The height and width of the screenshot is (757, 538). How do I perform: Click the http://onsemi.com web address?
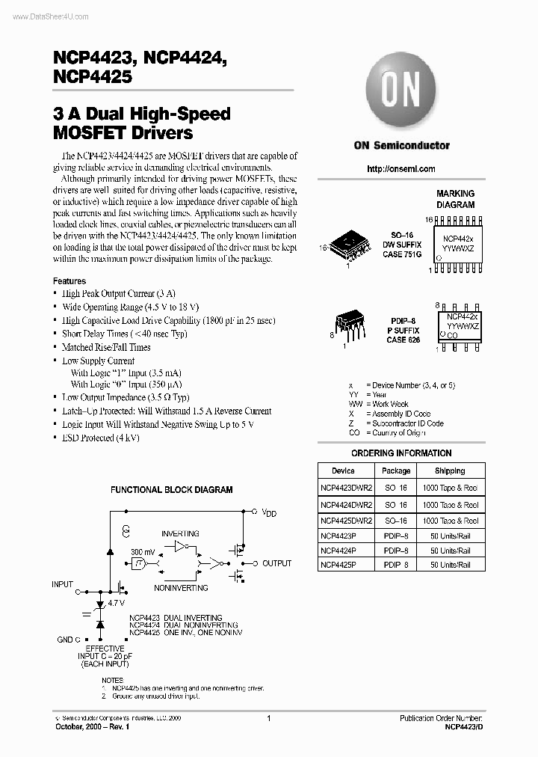(401, 169)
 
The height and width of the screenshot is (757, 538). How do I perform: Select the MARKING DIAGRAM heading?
(455, 199)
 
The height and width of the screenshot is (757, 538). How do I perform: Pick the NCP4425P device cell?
(338, 565)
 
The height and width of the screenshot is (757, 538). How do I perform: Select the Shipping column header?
(449, 471)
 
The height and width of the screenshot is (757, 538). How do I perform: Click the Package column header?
(395, 471)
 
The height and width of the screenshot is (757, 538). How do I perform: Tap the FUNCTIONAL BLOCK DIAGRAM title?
(172, 490)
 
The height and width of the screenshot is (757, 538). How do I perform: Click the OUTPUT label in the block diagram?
(276, 563)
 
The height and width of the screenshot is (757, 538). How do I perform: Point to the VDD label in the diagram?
(269, 513)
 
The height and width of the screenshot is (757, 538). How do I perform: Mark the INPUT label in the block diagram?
(63, 584)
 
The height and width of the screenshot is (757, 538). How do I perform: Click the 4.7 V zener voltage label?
(117, 601)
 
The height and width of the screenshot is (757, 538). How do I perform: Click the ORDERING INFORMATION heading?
(401, 453)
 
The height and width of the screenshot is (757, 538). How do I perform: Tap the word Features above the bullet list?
(69, 281)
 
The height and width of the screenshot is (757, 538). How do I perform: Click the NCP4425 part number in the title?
(93, 76)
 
